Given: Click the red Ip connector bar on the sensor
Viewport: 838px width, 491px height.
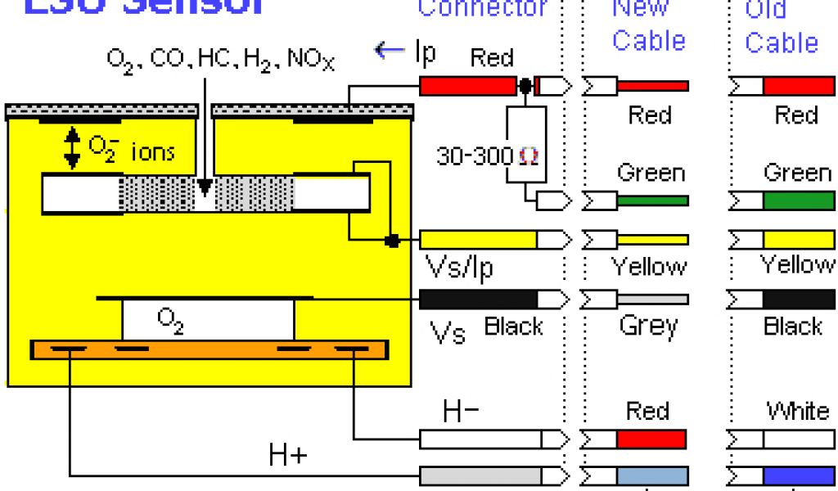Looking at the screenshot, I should pyautogui.click(x=471, y=86).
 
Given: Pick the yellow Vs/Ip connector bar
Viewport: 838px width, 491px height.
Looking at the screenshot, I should pyautogui.click(x=478, y=240).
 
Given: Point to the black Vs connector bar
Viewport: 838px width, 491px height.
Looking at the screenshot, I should pyautogui.click(x=478, y=299).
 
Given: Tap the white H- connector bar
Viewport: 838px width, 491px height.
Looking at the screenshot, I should pyautogui.click(x=480, y=440).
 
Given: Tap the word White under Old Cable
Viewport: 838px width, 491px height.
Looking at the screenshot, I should pyautogui.click(x=796, y=410).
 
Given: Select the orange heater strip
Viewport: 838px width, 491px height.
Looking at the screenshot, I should pyautogui.click(x=209, y=349).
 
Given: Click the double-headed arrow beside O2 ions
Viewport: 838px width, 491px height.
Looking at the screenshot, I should pyautogui.click(x=73, y=150).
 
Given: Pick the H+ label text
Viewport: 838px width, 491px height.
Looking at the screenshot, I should pyautogui.click(x=288, y=456).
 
